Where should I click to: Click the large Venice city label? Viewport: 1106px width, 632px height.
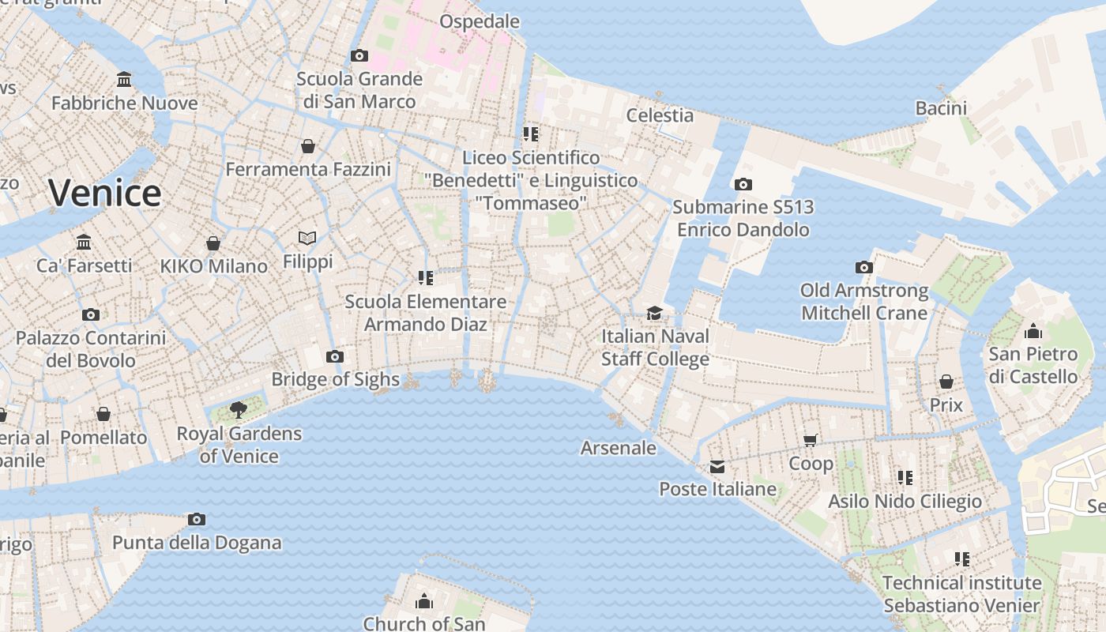(x=105, y=193)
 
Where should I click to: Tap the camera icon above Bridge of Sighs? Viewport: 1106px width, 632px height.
(x=335, y=356)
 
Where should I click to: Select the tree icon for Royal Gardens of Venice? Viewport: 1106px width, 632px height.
(x=238, y=409)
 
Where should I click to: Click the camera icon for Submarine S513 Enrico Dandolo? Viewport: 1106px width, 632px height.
(x=743, y=184)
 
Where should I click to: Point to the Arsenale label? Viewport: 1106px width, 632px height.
(x=619, y=448)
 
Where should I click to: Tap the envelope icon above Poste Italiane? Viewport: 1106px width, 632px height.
(x=717, y=466)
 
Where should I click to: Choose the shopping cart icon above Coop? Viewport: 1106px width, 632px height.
(x=810, y=440)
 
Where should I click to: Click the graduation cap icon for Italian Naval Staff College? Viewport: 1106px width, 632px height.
(x=654, y=314)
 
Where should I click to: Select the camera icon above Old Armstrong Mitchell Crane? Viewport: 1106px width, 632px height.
(x=864, y=267)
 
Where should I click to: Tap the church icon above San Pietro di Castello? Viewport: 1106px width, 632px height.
(x=1033, y=331)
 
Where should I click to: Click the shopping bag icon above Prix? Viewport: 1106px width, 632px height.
(x=946, y=382)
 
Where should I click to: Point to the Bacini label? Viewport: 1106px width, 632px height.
(x=941, y=107)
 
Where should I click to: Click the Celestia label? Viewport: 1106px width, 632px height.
(x=660, y=115)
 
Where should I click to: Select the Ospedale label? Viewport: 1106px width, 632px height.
(x=480, y=21)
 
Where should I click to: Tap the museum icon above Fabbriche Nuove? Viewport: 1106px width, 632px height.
(x=124, y=80)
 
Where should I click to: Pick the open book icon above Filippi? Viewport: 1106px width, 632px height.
(x=307, y=238)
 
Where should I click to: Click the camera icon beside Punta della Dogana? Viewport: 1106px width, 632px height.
(x=197, y=519)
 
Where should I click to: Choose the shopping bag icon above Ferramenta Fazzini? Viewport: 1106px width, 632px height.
(x=308, y=146)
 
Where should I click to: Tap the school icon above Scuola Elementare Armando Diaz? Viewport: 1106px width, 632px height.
(x=426, y=277)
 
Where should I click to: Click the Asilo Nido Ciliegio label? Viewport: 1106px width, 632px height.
(x=905, y=501)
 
